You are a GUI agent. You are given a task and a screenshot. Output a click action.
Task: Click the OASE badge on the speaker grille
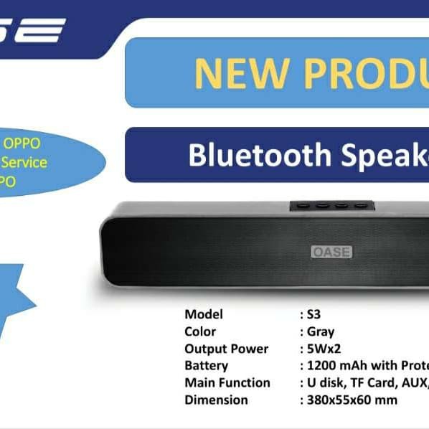(331, 252)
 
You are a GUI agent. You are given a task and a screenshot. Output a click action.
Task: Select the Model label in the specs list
(204, 314)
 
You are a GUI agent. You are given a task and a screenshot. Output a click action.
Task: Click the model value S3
(313, 314)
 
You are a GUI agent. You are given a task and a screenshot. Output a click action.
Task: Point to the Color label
(200, 331)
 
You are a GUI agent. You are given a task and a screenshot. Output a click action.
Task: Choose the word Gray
(321, 331)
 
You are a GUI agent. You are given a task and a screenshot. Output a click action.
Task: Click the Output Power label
(226, 349)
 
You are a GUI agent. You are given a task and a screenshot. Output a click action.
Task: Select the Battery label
(206, 366)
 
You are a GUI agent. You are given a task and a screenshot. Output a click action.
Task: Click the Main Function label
(227, 382)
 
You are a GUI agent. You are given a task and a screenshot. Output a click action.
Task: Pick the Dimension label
(216, 400)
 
